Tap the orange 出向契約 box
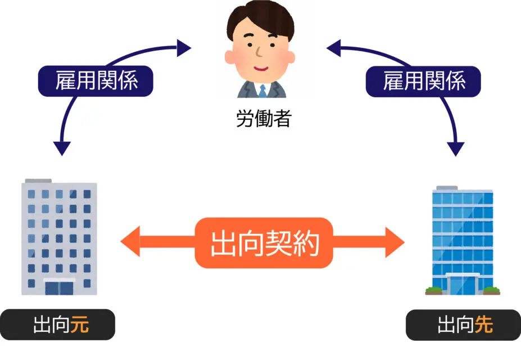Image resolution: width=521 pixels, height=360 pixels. (264, 243)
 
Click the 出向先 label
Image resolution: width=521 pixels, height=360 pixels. (463, 326)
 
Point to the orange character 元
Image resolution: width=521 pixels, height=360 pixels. (79, 326)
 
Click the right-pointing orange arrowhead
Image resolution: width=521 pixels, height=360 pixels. (396, 242)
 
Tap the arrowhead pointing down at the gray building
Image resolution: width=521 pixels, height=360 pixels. (62, 148)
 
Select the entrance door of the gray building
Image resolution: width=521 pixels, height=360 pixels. (59, 287)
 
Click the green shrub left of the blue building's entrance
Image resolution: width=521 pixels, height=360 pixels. (434, 290)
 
